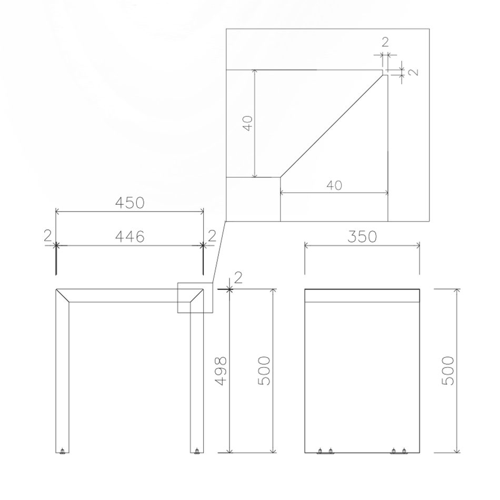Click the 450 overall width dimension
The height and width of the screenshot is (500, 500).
[x=129, y=203]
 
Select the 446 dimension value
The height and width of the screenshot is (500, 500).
[x=129, y=237]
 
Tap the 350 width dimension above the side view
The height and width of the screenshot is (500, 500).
[x=362, y=236]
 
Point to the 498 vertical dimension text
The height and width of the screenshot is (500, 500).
[x=221, y=371]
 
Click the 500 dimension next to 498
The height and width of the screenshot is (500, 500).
[x=265, y=371]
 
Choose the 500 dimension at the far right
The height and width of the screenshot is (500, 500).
[x=448, y=371]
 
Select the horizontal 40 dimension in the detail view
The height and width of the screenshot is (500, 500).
[x=334, y=185]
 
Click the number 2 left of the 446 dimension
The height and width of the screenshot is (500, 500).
[x=48, y=236]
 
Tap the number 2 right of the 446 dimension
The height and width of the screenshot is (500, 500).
[x=212, y=236]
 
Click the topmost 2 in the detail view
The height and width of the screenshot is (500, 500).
[x=385, y=43]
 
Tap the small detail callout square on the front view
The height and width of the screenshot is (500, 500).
[x=196, y=298]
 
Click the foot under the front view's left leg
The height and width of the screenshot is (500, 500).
[x=63, y=451]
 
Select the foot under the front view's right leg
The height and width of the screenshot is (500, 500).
[x=197, y=451]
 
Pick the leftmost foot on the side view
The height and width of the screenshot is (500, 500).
[x=319, y=451]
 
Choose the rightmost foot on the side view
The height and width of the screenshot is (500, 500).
[x=404, y=451]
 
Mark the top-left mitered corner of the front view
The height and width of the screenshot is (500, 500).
[x=63, y=295]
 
